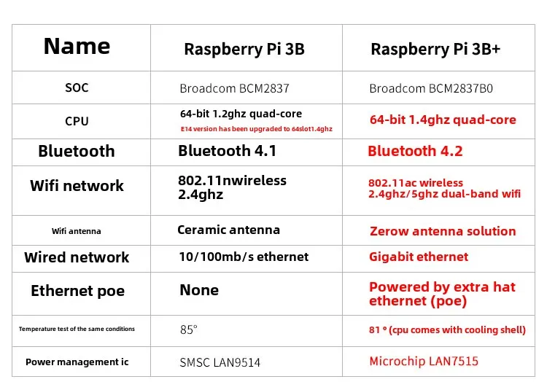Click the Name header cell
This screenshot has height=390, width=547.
(77, 47)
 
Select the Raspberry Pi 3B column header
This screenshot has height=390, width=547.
(244, 50)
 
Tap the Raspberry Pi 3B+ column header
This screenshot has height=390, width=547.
(435, 50)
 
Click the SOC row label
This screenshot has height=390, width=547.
(77, 88)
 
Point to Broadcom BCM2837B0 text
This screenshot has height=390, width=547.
(431, 89)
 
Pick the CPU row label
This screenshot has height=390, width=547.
(77, 121)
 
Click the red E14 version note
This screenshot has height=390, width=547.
(256, 129)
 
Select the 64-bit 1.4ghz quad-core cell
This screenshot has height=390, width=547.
(442, 120)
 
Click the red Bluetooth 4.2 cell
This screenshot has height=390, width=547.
(415, 151)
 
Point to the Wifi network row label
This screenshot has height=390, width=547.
(77, 186)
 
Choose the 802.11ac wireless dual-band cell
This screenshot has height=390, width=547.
(444, 188)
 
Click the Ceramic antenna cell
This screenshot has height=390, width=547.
(228, 230)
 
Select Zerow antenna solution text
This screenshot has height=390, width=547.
(442, 231)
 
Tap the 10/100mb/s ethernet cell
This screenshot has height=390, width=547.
(244, 257)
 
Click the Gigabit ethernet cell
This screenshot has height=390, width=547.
(419, 257)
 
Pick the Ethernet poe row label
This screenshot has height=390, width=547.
(77, 291)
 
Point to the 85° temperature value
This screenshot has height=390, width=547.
(188, 329)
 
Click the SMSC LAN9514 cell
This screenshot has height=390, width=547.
(220, 362)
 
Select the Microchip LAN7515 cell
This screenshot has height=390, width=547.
(424, 362)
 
